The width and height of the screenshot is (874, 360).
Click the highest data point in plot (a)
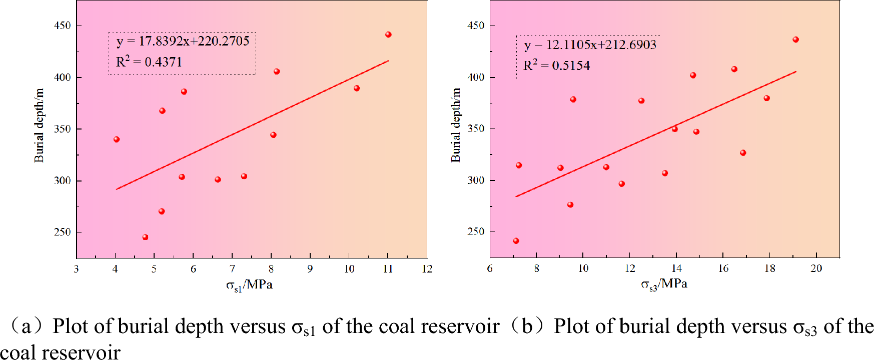coord(388,34)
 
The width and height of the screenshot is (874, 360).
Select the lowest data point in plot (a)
coord(145,237)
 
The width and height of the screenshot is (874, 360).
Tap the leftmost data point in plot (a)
coord(117,139)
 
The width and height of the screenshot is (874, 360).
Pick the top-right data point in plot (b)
coord(795,39)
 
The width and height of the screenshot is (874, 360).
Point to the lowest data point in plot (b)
coord(516,241)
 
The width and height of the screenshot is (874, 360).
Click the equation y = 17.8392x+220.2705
coord(183,41)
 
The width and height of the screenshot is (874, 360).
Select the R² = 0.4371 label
coord(149,62)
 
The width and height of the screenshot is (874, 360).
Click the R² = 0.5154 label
coord(556,65)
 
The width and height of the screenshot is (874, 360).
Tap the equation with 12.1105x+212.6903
coord(590,45)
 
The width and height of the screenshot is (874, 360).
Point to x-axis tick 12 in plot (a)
coord(427,269)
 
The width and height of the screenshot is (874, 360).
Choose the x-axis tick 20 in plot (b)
coord(816,268)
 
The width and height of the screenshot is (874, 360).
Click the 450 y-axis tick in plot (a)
coord(63,25)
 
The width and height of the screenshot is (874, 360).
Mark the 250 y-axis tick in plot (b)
coord(476,231)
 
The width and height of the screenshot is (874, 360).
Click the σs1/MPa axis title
coord(249,285)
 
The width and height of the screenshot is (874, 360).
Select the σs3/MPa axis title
coord(664,284)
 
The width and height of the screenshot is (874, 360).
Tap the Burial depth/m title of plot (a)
coord(39,125)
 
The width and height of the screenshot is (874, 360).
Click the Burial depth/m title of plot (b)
coord(456,125)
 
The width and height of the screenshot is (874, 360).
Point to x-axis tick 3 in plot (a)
coord(76,269)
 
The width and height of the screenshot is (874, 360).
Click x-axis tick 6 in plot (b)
coord(490,268)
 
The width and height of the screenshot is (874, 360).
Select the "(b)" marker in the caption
coord(527,326)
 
